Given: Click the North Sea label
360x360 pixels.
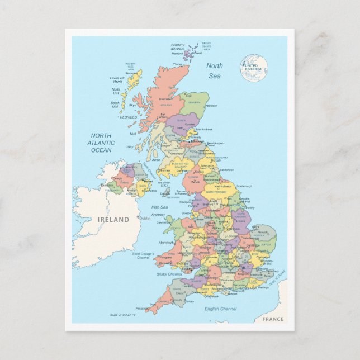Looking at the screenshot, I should click(x=214, y=70).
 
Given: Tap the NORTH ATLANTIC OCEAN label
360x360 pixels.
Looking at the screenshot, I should click(x=101, y=143).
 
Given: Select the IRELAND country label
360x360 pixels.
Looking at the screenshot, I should click(x=113, y=220).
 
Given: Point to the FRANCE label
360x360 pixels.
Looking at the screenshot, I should click(x=273, y=319).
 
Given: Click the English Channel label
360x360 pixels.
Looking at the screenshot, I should click(x=220, y=309).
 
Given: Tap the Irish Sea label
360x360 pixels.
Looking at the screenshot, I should click(x=159, y=207).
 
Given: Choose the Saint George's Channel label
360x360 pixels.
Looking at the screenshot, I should click(x=143, y=256).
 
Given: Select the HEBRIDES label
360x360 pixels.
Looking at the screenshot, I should click(x=127, y=117).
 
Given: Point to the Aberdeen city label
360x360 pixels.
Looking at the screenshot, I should click(x=211, y=106).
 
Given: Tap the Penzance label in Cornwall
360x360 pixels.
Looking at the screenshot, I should click(x=141, y=307).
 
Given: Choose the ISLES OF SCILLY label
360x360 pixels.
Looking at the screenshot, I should click(x=120, y=315).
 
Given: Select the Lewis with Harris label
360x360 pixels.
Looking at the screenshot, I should click(x=117, y=80).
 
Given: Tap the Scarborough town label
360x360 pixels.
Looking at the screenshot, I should click(x=244, y=186).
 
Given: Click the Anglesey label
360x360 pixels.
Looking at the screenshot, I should click(x=158, y=214).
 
